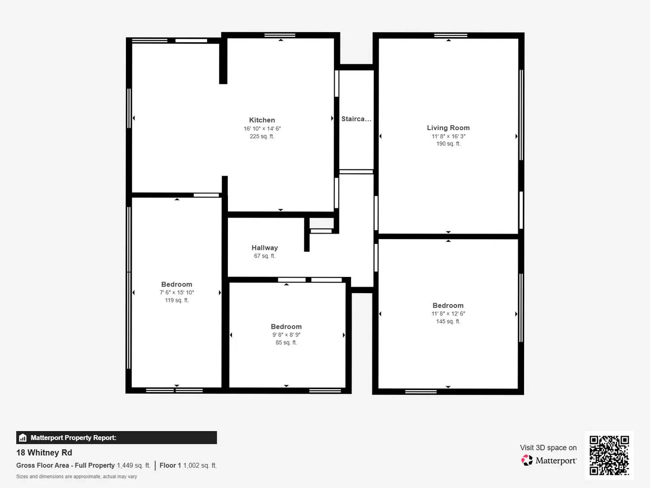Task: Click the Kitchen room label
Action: pyautogui.click(x=262, y=120)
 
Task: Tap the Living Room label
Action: pyautogui.click(x=448, y=128)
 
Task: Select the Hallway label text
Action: pyautogui.click(x=265, y=248)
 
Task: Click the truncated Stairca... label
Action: pyautogui.click(x=356, y=119)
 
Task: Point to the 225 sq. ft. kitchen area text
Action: pyautogui.click(x=262, y=136)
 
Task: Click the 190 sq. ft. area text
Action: pyautogui.click(x=448, y=144)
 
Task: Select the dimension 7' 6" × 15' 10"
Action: pyautogui.click(x=177, y=292)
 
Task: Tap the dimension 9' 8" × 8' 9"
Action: pyautogui.click(x=286, y=335)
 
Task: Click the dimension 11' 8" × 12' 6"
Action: pyautogui.click(x=448, y=314)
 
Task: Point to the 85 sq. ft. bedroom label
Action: pyautogui.click(x=286, y=343)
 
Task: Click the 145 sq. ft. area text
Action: pyautogui.click(x=448, y=321)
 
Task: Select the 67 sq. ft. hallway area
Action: pyautogui.click(x=265, y=256)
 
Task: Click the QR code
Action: pyautogui.click(x=609, y=455)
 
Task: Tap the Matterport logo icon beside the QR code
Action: pyautogui.click(x=527, y=460)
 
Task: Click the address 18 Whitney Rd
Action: pyautogui.click(x=44, y=453)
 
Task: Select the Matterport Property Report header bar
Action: pyautogui.click(x=116, y=437)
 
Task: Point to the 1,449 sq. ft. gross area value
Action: pyautogui.click(x=134, y=465)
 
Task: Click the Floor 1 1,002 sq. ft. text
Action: pyautogui.click(x=188, y=465)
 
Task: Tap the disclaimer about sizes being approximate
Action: pyautogui.click(x=77, y=477)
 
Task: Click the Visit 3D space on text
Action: pyautogui.click(x=548, y=448)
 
